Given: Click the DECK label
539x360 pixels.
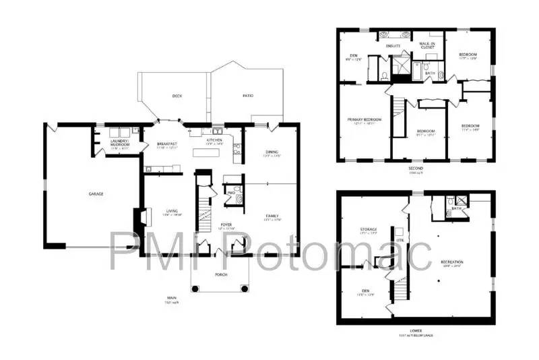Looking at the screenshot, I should [x=177, y=96].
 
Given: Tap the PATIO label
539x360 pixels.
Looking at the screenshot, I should [x=248, y=96].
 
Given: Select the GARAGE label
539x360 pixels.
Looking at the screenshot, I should [x=96, y=193].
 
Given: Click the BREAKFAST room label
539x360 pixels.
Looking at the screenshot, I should [x=167, y=144].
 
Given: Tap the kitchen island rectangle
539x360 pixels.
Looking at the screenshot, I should [x=206, y=153].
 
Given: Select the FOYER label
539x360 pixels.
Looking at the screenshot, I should [x=226, y=224].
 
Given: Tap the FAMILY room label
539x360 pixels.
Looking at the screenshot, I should [x=272, y=216].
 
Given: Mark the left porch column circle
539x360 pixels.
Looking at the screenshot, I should [x=196, y=289].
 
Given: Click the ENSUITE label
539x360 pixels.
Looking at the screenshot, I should [x=393, y=46].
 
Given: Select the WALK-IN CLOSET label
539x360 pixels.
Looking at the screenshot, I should [x=427, y=45].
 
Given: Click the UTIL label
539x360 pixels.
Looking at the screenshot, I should [x=400, y=240].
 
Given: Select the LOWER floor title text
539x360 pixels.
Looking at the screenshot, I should [x=416, y=330].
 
